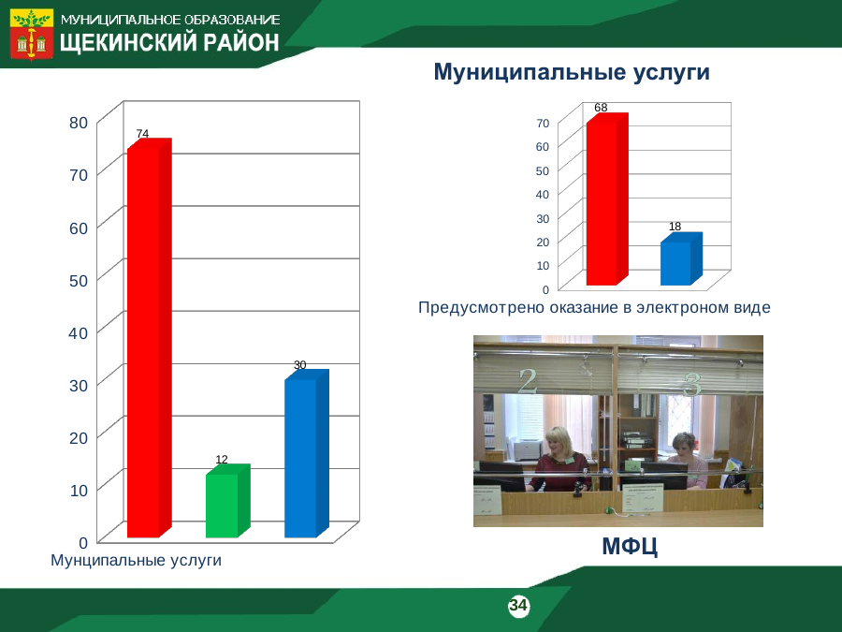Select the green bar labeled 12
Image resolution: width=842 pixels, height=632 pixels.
(x=227, y=501)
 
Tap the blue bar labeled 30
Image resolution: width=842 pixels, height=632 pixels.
(x=307, y=453)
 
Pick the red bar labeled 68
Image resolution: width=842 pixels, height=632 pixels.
(x=607, y=198)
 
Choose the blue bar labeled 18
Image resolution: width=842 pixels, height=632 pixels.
(x=681, y=259)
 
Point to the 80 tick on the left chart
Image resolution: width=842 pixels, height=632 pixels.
(x=79, y=123)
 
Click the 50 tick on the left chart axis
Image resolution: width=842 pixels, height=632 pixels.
(x=79, y=281)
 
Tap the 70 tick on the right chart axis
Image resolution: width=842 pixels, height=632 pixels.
(x=543, y=123)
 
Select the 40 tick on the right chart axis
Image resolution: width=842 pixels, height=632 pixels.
(x=543, y=194)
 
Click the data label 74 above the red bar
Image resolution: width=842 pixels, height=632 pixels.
(x=142, y=133)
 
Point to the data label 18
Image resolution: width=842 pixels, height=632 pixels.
(x=675, y=227)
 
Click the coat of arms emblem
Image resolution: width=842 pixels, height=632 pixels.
(x=32, y=34)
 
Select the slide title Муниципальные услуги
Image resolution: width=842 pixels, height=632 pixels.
(x=572, y=72)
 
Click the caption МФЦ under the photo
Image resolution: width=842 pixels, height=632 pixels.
(x=630, y=546)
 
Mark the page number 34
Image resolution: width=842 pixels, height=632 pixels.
(x=518, y=605)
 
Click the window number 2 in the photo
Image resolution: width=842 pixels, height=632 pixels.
(x=528, y=381)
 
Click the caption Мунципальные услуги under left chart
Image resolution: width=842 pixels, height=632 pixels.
(x=136, y=560)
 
